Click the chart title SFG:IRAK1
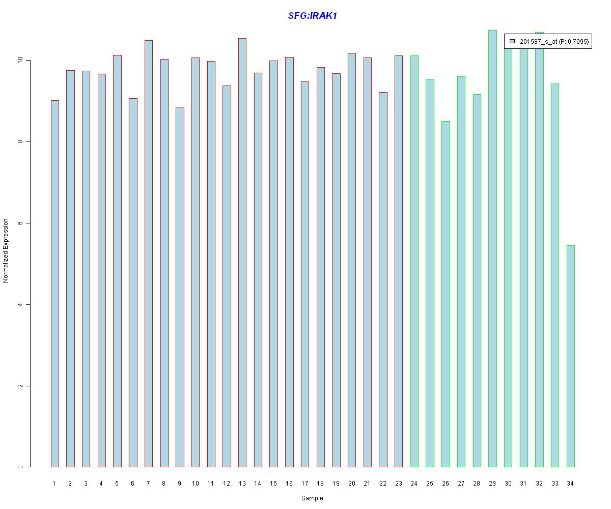pyautogui.click(x=312, y=16)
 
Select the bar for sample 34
pyautogui.click(x=570, y=356)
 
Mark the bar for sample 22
pyautogui.click(x=383, y=279)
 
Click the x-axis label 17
pyautogui.click(x=304, y=484)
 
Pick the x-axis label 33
pyautogui.click(x=554, y=484)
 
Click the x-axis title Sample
pyautogui.click(x=312, y=498)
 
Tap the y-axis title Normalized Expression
pyautogui.click(x=6, y=250)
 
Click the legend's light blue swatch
pyautogui.click(x=512, y=41)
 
